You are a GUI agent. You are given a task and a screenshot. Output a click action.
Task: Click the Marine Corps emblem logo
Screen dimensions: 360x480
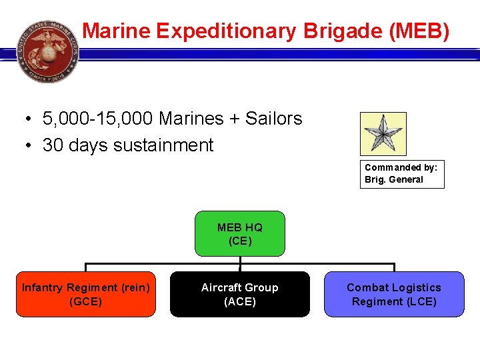coord(48,51)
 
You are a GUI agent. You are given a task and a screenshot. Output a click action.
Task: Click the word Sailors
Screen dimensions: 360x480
coord(273,119)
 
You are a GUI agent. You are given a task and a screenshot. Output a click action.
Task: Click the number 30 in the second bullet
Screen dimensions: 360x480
coord(53,145)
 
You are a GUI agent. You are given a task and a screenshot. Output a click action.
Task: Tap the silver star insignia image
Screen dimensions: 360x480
coord(383,133)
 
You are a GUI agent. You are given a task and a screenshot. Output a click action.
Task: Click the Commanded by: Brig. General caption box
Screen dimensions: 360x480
coord(401,173)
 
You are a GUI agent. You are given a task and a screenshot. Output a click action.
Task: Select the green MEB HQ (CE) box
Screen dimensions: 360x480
coord(240,234)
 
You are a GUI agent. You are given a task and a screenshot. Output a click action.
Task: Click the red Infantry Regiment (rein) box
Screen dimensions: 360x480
coord(86,294)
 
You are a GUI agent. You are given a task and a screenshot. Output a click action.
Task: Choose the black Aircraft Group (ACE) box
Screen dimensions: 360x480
coord(240,294)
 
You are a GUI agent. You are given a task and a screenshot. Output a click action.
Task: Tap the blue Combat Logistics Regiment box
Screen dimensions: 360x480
coord(394,294)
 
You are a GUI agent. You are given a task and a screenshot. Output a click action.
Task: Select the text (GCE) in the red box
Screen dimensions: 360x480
coord(86,301)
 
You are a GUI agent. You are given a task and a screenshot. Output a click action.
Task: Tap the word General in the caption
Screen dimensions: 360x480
coord(407,179)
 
